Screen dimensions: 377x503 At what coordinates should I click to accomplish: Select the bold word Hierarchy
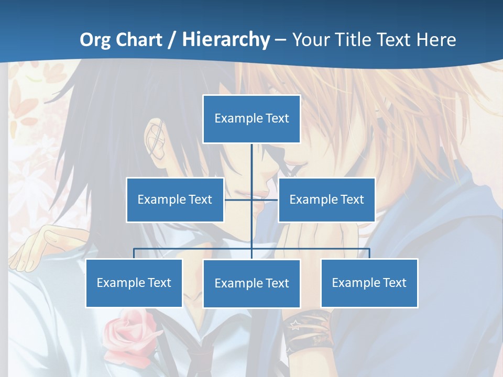pos(226,40)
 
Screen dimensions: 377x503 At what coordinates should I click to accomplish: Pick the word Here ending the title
pos(436,40)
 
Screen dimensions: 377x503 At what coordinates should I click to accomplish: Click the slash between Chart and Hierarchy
pos(172,40)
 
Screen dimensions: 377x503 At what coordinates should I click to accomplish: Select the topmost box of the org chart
pos(251,119)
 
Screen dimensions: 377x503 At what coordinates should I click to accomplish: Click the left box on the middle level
pos(175,199)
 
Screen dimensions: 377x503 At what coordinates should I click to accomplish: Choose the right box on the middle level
pos(326,199)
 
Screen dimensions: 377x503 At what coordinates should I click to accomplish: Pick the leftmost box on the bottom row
pos(134,283)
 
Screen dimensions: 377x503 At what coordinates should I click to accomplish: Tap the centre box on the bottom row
pos(251,283)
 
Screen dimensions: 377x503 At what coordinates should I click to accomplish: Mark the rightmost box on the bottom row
pos(369,283)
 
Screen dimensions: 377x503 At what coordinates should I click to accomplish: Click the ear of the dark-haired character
pos(157,139)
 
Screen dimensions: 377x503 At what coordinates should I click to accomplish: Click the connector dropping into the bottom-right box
pos(369,253)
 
